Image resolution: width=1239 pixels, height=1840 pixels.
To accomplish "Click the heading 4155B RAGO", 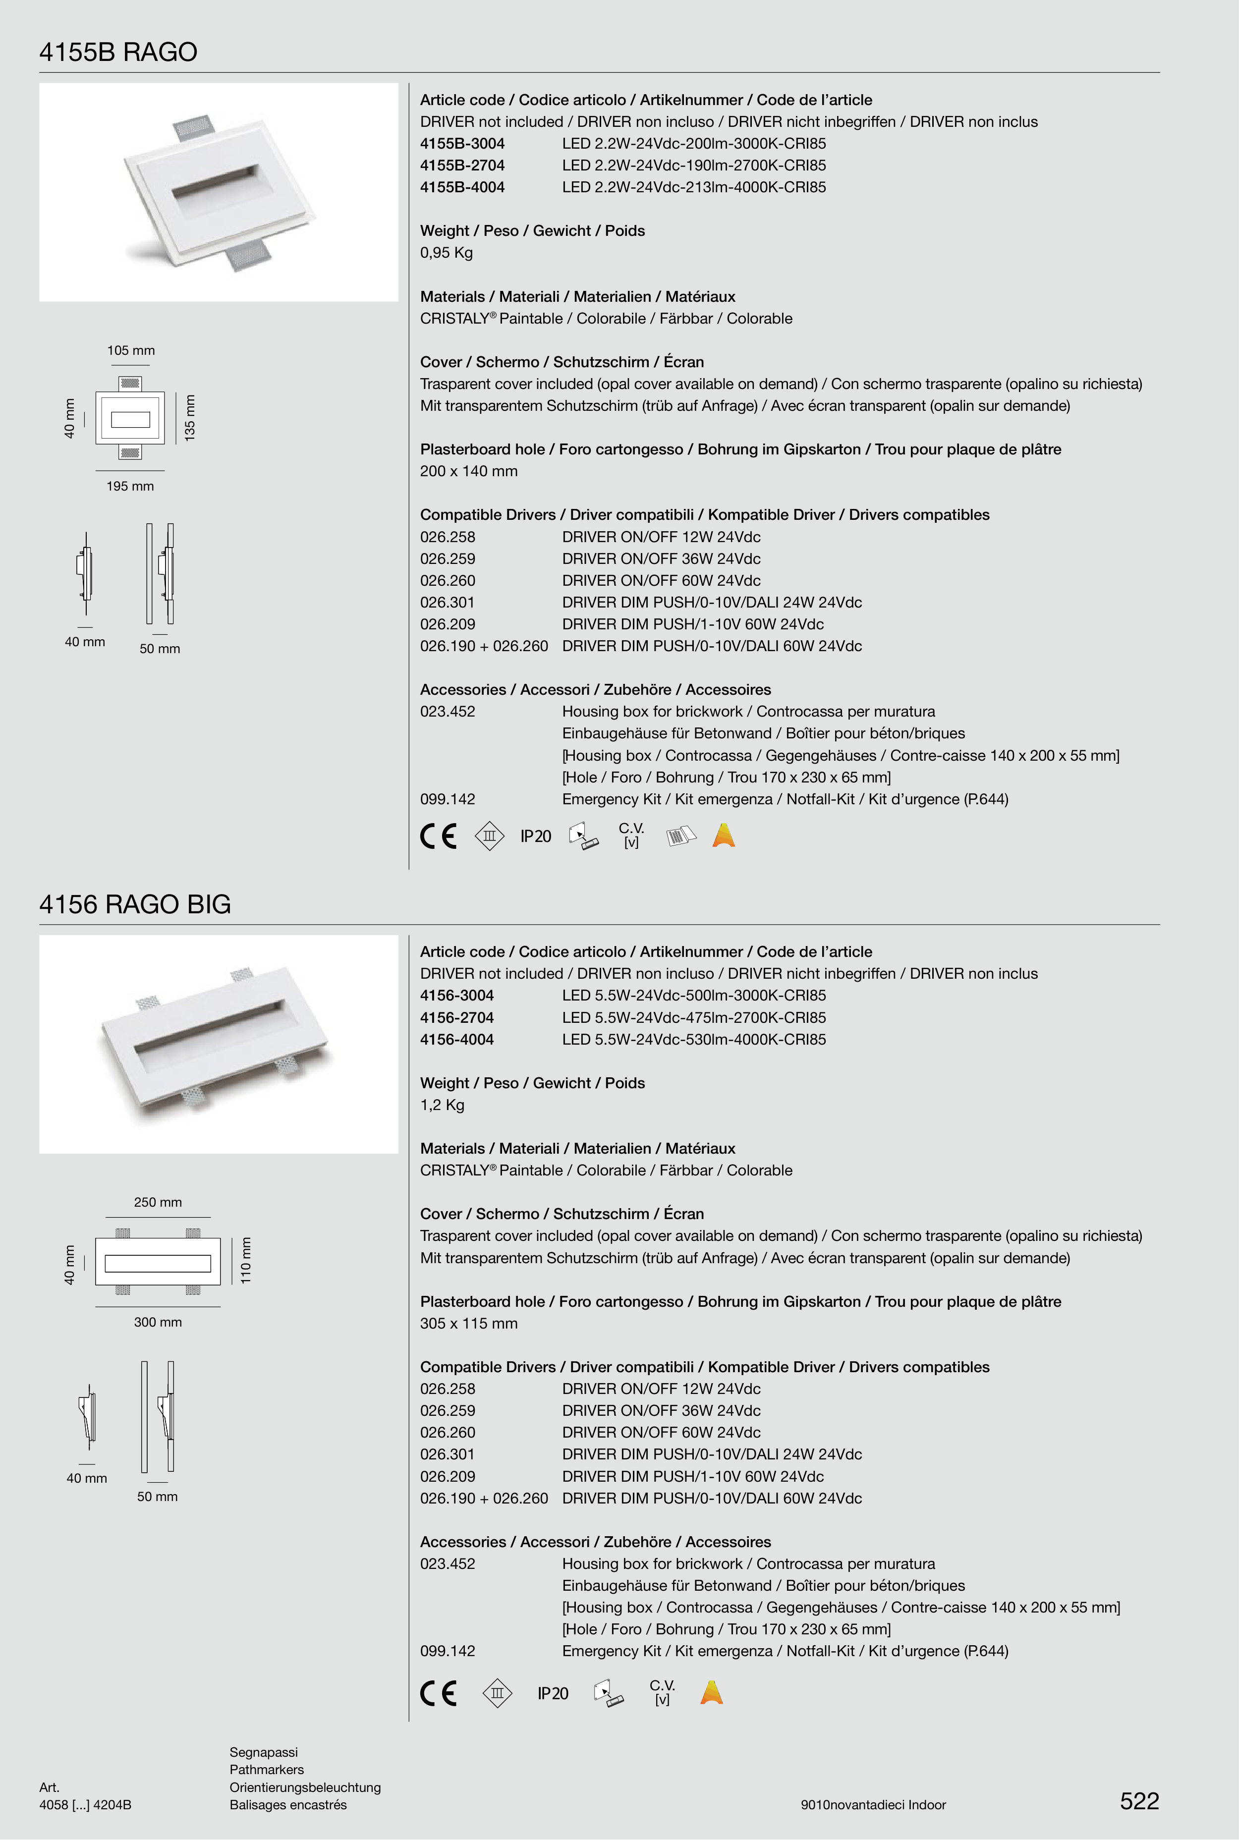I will (118, 52).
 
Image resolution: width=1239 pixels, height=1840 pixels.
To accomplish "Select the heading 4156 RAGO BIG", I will (135, 904).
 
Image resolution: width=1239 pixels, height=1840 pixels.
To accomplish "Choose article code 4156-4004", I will (457, 1040).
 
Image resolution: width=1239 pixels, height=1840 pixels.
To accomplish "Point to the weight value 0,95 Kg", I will (447, 253).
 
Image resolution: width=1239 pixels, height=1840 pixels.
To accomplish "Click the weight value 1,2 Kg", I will (443, 1105).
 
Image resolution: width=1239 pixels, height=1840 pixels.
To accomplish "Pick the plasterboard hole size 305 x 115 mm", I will (468, 1323).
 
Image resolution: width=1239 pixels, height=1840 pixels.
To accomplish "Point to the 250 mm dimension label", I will (158, 1202).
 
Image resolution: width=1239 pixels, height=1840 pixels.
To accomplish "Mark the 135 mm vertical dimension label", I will (190, 418).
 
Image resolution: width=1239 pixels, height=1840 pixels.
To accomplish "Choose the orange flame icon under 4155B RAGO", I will (724, 835).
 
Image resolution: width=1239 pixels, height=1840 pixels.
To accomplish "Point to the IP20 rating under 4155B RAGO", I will (536, 836).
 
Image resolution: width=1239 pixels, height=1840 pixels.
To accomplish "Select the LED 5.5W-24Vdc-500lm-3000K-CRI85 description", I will (694, 996).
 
